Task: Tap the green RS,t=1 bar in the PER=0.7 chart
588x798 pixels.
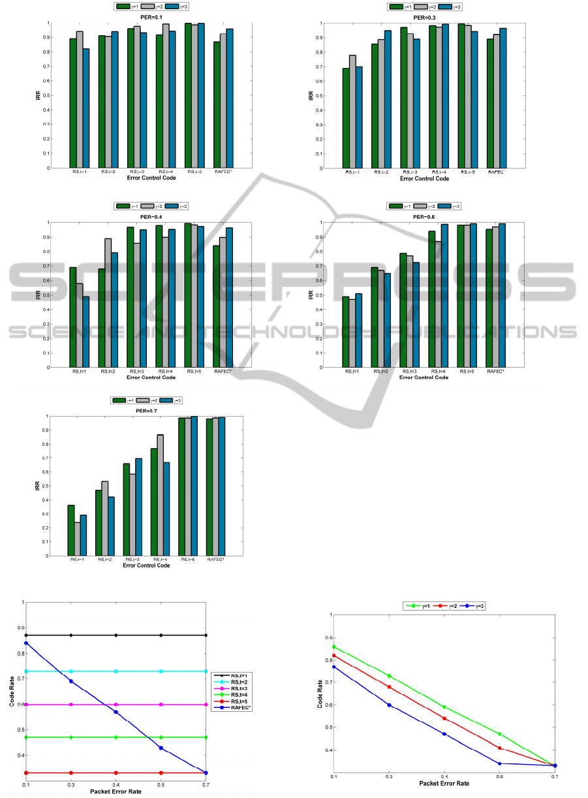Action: pyautogui.click(x=71, y=530)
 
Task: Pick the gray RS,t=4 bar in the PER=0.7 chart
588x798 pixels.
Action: pyautogui.click(x=160, y=495)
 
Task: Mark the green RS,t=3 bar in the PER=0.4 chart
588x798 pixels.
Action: pyautogui.click(x=130, y=296)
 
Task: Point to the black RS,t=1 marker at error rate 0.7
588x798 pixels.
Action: pyautogui.click(x=206, y=635)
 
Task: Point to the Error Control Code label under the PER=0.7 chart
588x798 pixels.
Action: pyautogui.click(x=146, y=566)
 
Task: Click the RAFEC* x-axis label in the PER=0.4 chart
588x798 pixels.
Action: pyautogui.click(x=223, y=372)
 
